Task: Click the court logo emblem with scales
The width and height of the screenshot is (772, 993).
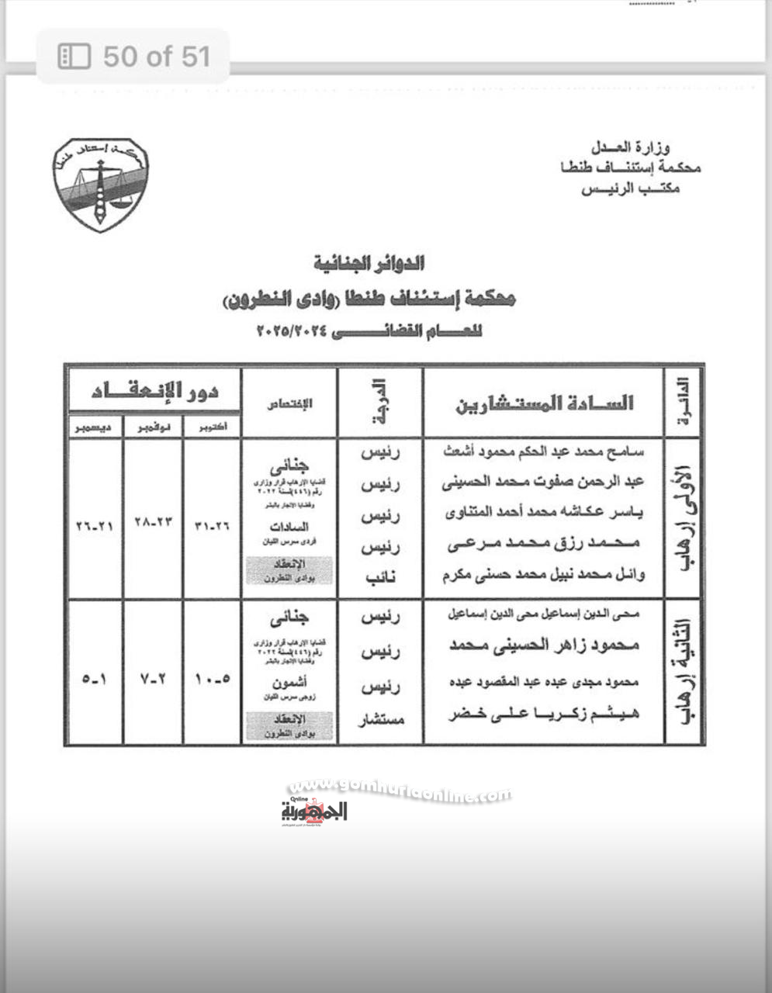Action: (102, 184)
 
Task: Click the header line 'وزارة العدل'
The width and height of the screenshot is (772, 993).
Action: (630, 147)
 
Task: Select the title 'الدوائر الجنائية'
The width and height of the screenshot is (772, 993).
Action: (369, 264)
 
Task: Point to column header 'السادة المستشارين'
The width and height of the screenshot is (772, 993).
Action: (543, 403)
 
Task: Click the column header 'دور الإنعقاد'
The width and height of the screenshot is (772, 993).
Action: (155, 391)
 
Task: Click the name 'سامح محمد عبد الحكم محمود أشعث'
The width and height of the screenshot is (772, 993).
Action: (542, 450)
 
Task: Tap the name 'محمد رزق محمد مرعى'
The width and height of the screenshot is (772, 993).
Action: (543, 544)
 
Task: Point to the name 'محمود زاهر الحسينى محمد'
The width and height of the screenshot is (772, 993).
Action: (544, 645)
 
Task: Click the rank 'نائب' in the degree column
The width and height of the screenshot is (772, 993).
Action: (380, 577)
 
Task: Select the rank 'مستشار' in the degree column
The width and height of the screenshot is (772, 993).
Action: (380, 720)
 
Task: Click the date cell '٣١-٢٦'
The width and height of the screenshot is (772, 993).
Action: (212, 525)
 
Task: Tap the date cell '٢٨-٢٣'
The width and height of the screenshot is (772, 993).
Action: (154, 525)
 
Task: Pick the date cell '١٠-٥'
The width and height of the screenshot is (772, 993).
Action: (212, 679)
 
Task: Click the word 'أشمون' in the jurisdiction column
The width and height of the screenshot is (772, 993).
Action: (289, 683)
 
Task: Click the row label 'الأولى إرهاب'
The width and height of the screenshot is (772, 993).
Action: (683, 519)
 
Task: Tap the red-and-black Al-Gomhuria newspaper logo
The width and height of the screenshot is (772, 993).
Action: (313, 811)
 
